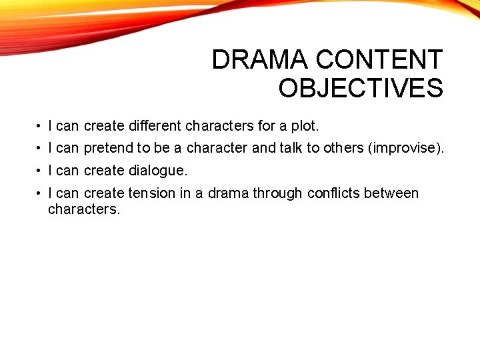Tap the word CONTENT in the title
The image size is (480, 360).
click(x=379, y=60)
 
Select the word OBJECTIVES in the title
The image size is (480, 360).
click(x=361, y=88)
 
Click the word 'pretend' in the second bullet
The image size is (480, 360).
click(x=109, y=148)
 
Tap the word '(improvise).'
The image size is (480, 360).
click(x=406, y=148)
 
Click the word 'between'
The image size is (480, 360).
click(x=393, y=193)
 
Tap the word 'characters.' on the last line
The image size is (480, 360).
click(x=84, y=209)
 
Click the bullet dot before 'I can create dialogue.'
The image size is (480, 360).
click(x=41, y=171)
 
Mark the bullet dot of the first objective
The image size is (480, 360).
click(x=41, y=126)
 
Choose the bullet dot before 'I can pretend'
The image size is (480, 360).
click(x=41, y=148)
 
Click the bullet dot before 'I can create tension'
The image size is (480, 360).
click(x=41, y=193)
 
